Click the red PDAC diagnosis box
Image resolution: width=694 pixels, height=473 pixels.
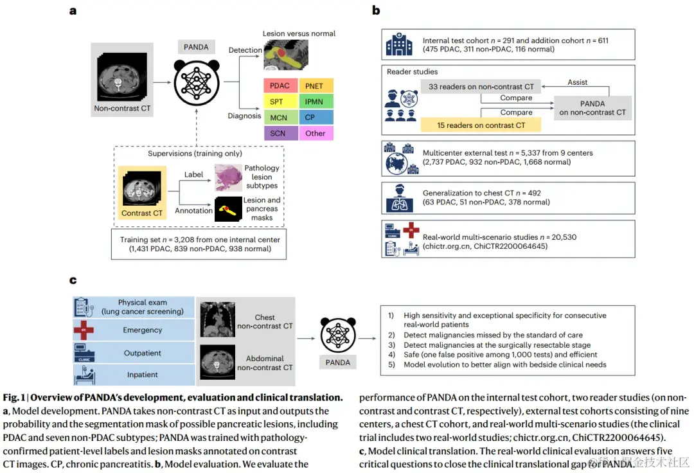pos(280,85)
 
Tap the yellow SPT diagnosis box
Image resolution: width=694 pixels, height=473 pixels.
pos(280,102)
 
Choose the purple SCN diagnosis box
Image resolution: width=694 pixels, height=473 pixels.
pos(280,133)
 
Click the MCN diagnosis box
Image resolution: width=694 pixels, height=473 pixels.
pos(280,118)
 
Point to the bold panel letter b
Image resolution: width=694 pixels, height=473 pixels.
pos(376,10)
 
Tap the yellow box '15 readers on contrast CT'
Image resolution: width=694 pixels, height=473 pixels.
pos(481,125)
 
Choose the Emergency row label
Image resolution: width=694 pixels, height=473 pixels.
pos(143,330)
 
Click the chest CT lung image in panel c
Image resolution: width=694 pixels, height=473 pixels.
pos(218,318)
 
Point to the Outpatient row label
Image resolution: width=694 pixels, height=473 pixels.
pos(143,353)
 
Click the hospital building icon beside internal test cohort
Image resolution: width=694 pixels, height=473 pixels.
pos(398,45)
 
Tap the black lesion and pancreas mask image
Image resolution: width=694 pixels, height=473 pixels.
pos(228,210)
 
